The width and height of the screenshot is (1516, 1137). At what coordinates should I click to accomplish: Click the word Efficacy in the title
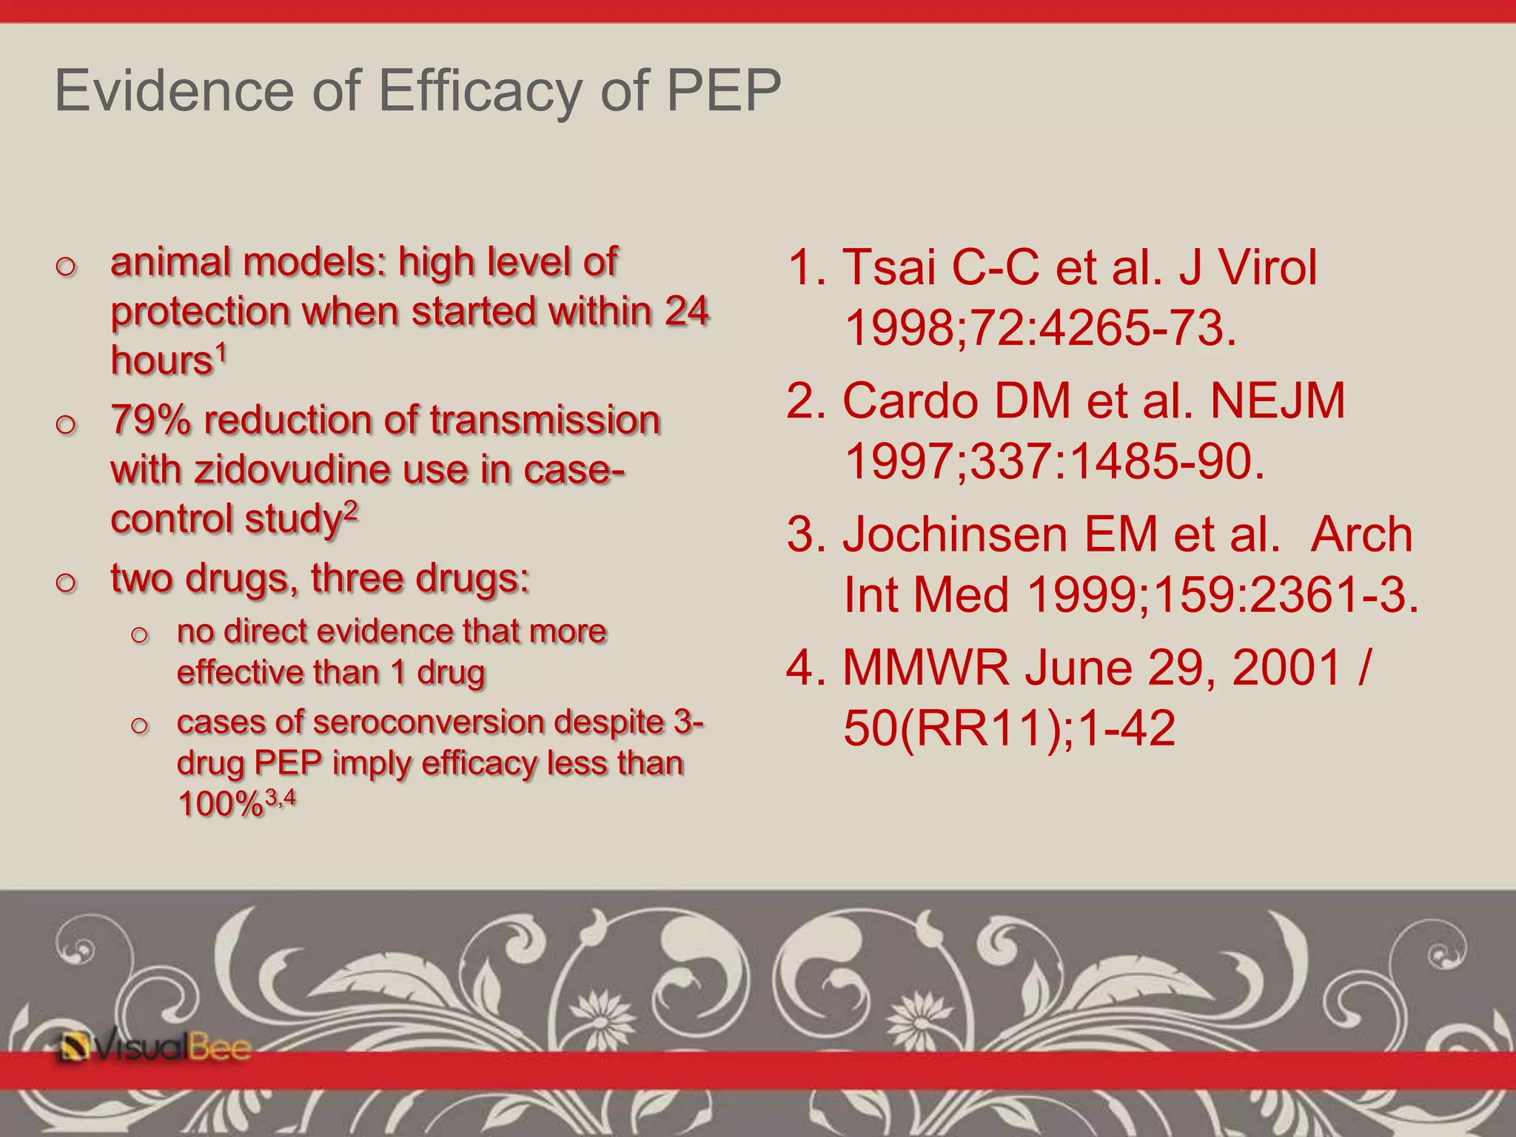(480, 91)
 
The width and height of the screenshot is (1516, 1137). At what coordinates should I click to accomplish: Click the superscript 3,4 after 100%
(281, 797)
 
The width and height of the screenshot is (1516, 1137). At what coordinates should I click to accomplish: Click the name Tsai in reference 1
(888, 266)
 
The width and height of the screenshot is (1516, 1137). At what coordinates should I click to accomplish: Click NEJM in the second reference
(1277, 400)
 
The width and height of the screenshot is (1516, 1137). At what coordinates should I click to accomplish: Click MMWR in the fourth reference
(925, 668)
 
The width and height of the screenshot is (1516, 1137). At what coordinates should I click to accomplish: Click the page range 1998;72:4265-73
(1040, 328)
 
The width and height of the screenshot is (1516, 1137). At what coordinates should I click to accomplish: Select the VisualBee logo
(155, 1047)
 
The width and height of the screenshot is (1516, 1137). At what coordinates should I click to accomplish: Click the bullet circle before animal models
(66, 266)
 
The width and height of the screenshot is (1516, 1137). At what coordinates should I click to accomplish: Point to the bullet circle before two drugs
(66, 582)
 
